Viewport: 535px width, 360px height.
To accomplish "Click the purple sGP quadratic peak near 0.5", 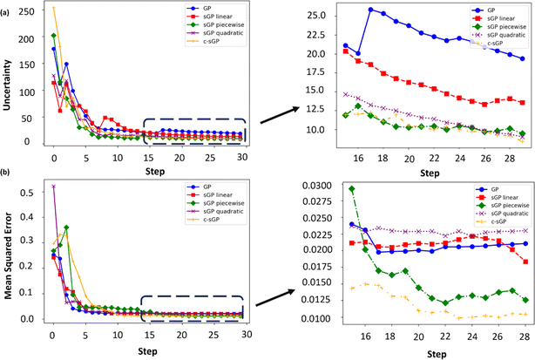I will [54, 186].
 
